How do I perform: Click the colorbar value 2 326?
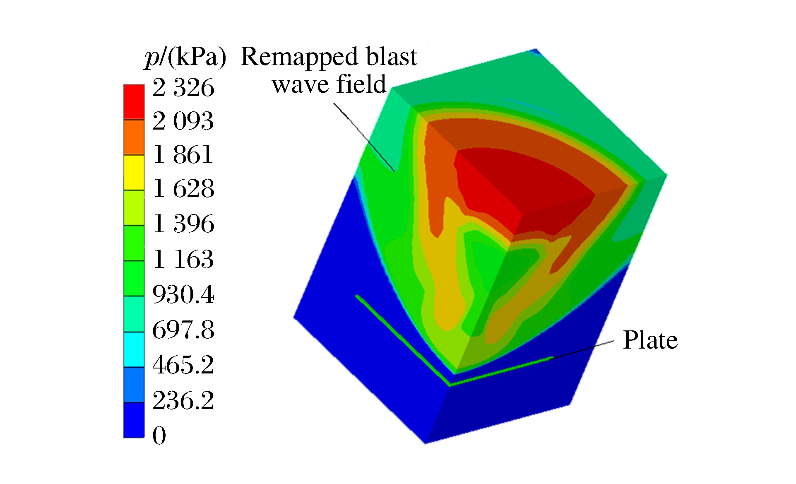(183, 87)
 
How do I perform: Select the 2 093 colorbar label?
(183, 121)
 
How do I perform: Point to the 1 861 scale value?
(183, 155)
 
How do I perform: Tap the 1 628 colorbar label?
(183, 189)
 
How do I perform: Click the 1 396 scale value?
(183, 224)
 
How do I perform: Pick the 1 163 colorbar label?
(183, 259)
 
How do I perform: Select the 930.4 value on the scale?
(183, 294)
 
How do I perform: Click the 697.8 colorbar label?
(183, 330)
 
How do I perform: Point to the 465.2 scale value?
(183, 365)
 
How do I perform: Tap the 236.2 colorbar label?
(183, 400)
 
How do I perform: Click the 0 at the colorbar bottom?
(159, 435)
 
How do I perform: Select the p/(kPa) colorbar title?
(185, 57)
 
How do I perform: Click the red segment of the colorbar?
(134, 102)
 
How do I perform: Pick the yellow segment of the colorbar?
(134, 172)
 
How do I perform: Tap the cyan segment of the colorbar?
(134, 349)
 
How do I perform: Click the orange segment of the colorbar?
(134, 137)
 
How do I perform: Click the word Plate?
(650, 340)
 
